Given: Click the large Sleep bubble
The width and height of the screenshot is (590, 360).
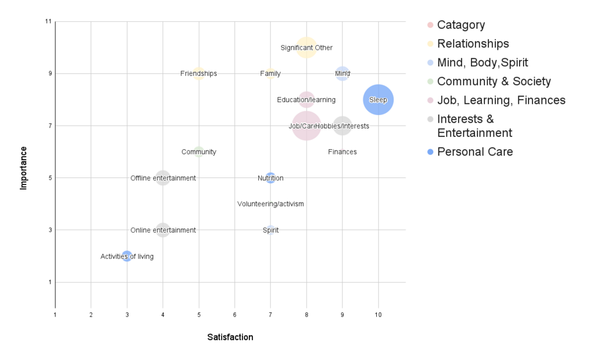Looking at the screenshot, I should (378, 100).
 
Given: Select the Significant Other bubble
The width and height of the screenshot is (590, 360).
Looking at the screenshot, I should (306, 48).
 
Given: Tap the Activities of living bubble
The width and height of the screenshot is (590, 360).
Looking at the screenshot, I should (127, 256).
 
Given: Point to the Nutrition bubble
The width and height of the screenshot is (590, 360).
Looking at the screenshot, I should (271, 178).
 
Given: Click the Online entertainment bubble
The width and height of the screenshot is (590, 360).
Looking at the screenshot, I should (163, 230).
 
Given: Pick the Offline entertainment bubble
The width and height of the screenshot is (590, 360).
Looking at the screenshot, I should (163, 178).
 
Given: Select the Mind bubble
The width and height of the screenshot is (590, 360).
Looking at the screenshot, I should (342, 73).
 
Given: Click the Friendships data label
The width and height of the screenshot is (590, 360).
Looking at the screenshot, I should (198, 73).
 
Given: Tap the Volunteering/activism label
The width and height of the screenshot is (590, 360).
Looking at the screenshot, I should (271, 204).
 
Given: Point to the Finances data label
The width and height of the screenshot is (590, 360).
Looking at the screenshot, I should (342, 152).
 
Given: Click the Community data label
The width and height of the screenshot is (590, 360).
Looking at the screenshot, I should (198, 152).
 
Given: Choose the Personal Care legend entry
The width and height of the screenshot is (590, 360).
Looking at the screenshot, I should (474, 152).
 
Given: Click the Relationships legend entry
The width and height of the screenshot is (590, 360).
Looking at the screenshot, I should (473, 43).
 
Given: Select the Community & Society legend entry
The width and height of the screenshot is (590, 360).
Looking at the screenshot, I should (494, 81).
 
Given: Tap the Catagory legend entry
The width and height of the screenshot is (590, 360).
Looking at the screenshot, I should (461, 25).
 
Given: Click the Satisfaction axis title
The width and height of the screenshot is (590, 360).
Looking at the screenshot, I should (230, 337).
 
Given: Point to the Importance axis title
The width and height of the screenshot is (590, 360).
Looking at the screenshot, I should (23, 167).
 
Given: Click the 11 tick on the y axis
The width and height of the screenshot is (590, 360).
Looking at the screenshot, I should (48, 22).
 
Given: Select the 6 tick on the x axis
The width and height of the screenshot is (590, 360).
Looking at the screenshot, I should (235, 315).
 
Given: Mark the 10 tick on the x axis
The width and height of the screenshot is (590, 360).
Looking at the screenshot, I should (378, 315).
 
